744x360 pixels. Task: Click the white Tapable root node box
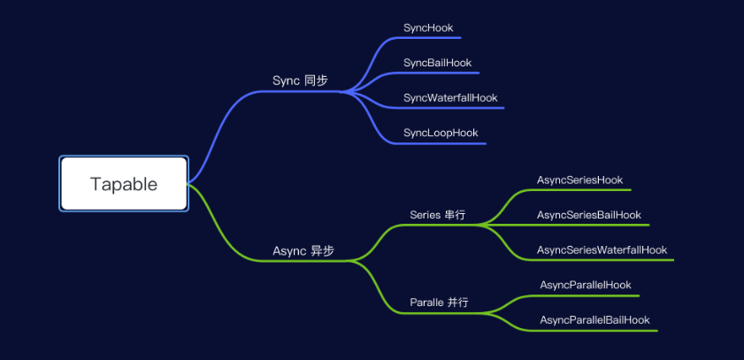point(124,184)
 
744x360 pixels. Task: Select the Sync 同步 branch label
point(300,80)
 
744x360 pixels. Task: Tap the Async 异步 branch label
point(303,251)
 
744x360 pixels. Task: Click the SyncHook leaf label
point(428,28)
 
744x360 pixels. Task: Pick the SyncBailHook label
point(437,63)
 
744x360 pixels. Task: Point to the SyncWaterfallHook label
point(450,97)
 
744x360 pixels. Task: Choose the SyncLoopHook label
point(441,133)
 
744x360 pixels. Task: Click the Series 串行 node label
point(438,215)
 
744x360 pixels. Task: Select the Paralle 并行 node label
point(439,303)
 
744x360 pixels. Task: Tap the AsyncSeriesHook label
point(579,180)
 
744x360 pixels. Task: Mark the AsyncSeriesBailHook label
point(588,215)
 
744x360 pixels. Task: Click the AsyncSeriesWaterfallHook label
point(602,250)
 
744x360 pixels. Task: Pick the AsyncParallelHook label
point(585,285)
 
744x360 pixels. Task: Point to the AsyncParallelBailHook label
point(594,319)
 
